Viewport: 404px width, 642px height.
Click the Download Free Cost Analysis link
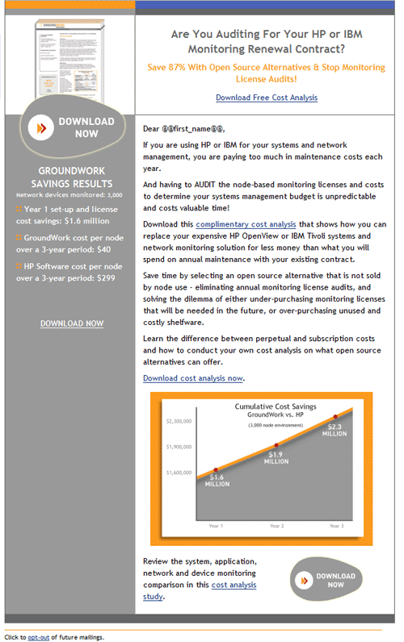267,98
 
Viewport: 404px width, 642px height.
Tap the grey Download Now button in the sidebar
74,127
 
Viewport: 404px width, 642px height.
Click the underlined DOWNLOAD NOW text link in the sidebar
72,323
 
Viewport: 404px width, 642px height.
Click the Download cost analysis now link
193,377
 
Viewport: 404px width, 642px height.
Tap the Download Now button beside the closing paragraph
326,580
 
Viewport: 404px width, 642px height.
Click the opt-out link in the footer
39,637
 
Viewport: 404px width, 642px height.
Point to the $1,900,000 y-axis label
179,447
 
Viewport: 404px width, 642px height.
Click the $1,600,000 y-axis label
179,473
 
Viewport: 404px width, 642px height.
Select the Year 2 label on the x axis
276,526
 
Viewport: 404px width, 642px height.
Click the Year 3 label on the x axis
336,526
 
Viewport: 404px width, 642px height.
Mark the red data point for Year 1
215,469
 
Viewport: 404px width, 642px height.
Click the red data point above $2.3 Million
335,417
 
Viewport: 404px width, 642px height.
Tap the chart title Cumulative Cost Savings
276,406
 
